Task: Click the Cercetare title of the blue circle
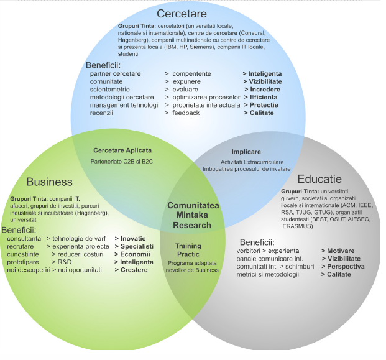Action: (x=182, y=14)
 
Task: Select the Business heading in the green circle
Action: (x=49, y=182)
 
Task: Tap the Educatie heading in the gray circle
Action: (x=320, y=177)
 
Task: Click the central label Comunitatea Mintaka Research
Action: (x=197, y=215)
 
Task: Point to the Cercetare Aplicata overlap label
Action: (x=122, y=150)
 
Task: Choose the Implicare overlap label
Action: (x=246, y=152)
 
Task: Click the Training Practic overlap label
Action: (x=188, y=251)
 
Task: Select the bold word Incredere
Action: (x=264, y=90)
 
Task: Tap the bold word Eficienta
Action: (x=263, y=98)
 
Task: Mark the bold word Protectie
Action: (x=263, y=105)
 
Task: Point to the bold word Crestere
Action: (x=134, y=270)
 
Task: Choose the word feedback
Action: (x=186, y=113)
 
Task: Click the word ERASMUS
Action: (x=298, y=226)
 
